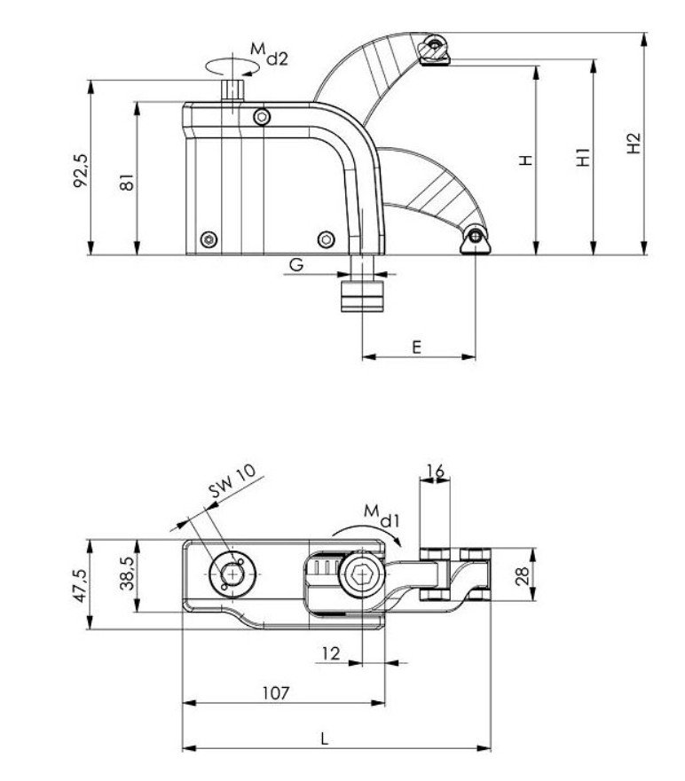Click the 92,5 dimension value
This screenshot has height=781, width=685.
pyautogui.click(x=81, y=169)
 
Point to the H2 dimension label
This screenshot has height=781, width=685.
pyautogui.click(x=633, y=144)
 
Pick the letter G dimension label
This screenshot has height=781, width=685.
pyautogui.click(x=296, y=264)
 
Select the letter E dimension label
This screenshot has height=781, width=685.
pyautogui.click(x=416, y=348)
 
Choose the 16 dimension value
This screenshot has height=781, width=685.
pyautogui.click(x=435, y=471)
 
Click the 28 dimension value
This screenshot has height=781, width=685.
pyautogui.click(x=524, y=574)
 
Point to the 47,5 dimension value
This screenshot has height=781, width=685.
pyautogui.click(x=81, y=585)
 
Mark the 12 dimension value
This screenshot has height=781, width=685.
pyautogui.click(x=330, y=653)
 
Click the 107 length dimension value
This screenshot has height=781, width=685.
pyautogui.click(x=276, y=693)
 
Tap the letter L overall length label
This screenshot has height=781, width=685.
pyautogui.click(x=325, y=738)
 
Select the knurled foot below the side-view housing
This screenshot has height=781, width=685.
pyautogui.click(x=362, y=295)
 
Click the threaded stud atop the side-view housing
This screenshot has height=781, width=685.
pyautogui.click(x=232, y=91)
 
